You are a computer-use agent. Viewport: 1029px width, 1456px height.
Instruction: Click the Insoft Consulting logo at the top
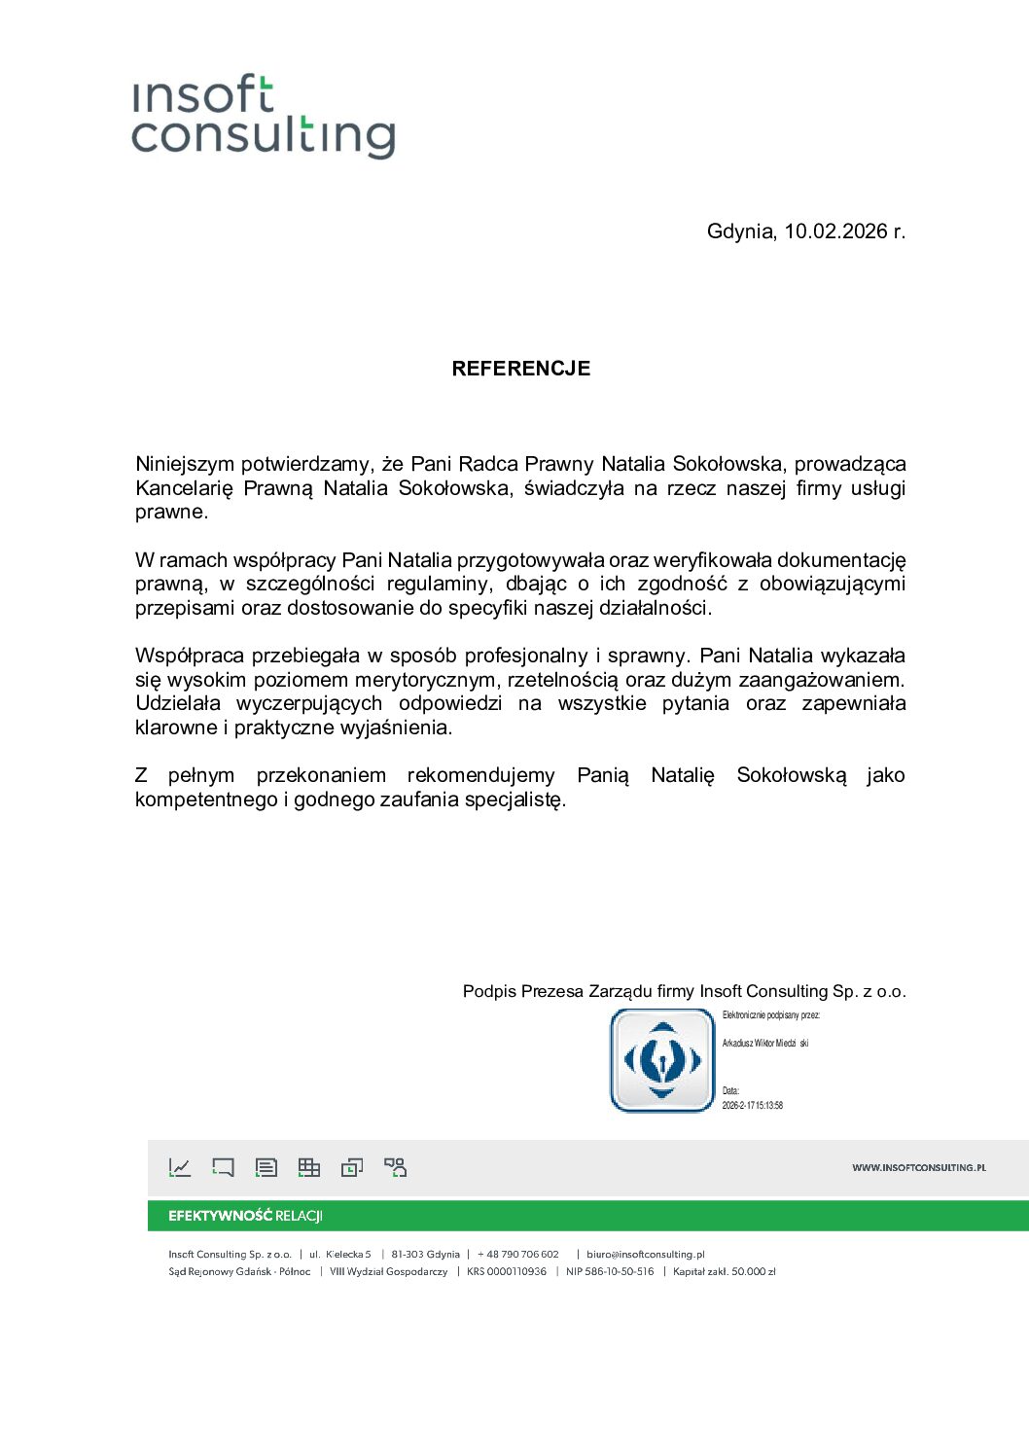263,117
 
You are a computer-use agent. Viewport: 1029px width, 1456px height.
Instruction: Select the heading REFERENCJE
520,369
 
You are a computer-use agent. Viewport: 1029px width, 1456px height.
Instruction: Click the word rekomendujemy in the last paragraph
480,775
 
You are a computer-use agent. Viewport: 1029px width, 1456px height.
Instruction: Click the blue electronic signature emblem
662,1060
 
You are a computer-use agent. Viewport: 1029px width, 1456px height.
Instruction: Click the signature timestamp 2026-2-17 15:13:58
752,1105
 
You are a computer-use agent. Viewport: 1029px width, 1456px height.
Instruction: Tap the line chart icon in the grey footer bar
180,1167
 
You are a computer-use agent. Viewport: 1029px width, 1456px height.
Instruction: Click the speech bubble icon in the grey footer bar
223,1167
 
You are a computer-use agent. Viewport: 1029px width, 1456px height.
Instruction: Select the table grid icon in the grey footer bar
309,1167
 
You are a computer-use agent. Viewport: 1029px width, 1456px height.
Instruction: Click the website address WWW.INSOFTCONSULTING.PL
918,1167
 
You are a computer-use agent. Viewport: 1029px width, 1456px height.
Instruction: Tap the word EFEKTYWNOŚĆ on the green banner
220,1216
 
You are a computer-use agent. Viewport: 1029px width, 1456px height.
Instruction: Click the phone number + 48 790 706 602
518,1254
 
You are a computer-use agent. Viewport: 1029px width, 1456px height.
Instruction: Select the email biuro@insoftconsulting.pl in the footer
645,1254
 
